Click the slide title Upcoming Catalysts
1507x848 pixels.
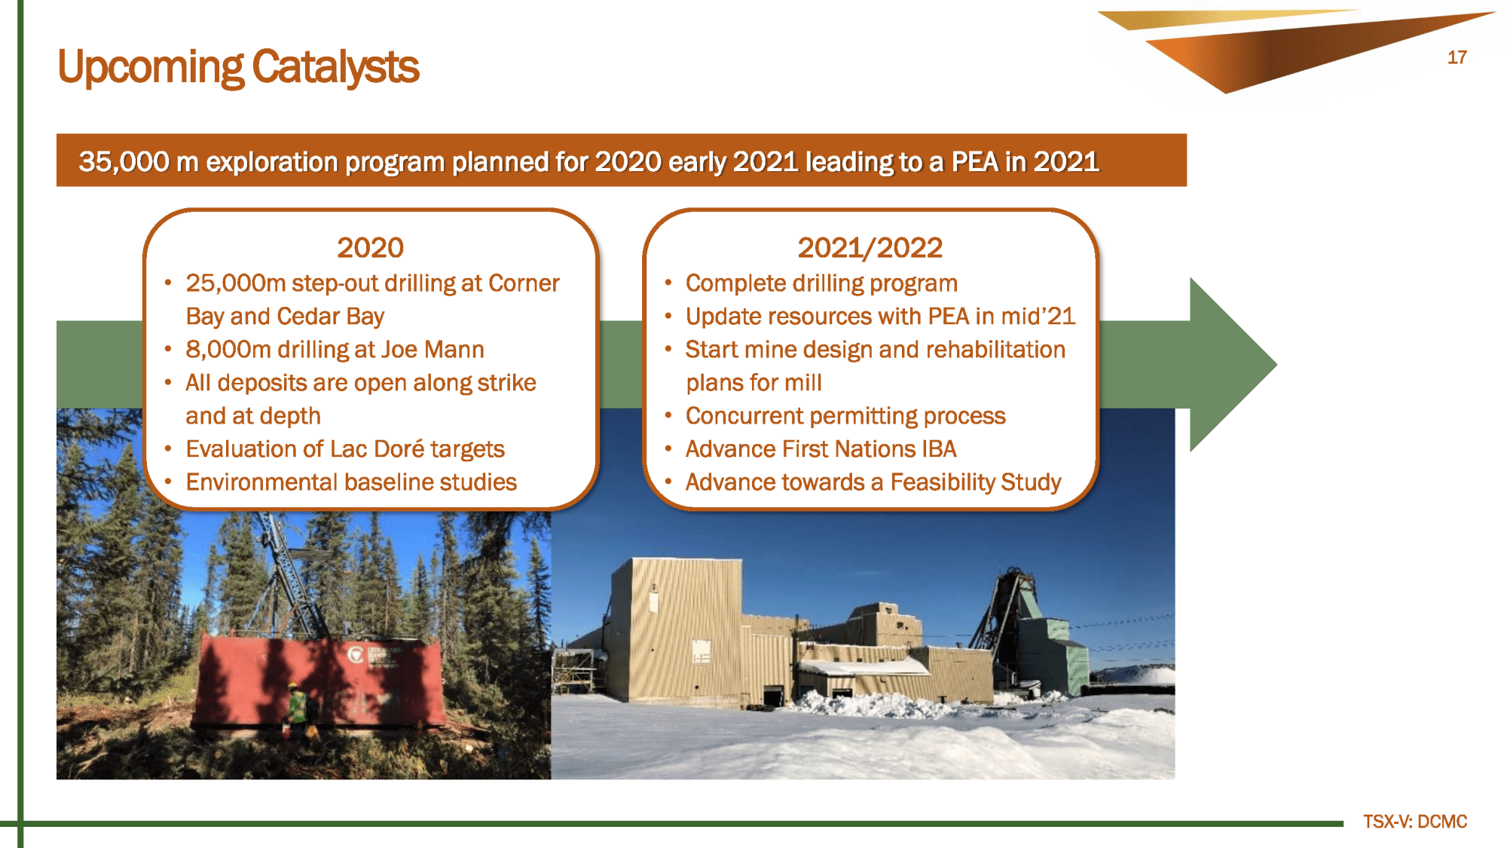click(x=238, y=67)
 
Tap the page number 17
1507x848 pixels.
click(x=1457, y=58)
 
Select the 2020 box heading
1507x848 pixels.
click(x=370, y=248)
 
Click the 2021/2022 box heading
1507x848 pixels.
click(x=870, y=248)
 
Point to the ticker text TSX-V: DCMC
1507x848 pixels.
click(x=1415, y=822)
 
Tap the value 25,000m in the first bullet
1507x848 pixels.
click(x=236, y=283)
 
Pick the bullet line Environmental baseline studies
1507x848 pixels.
click(x=351, y=482)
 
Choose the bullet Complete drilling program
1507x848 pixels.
click(x=821, y=283)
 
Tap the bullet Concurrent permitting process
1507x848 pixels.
click(x=845, y=416)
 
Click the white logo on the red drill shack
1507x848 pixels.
click(x=356, y=655)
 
